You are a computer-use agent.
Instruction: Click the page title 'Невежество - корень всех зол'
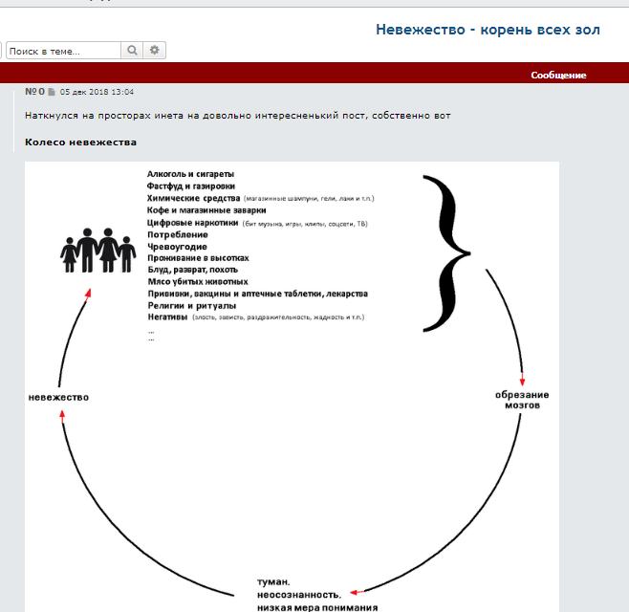click(488, 30)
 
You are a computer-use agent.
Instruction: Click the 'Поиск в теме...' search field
click(63, 51)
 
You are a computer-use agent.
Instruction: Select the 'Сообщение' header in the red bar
click(558, 75)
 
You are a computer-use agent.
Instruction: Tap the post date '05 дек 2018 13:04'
click(97, 93)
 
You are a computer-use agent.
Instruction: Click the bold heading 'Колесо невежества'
click(80, 142)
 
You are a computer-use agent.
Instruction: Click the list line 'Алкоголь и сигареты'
click(190, 174)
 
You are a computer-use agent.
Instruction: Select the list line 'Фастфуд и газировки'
click(191, 186)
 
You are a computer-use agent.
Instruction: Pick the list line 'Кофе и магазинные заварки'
click(206, 210)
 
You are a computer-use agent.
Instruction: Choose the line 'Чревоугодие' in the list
click(177, 247)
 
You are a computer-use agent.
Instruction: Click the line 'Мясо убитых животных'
click(198, 282)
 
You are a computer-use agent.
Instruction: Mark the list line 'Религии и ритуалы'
click(191, 305)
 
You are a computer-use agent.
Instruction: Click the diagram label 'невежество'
click(58, 397)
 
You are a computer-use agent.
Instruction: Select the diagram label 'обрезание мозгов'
click(522, 399)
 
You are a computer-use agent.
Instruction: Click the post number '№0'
click(35, 92)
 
